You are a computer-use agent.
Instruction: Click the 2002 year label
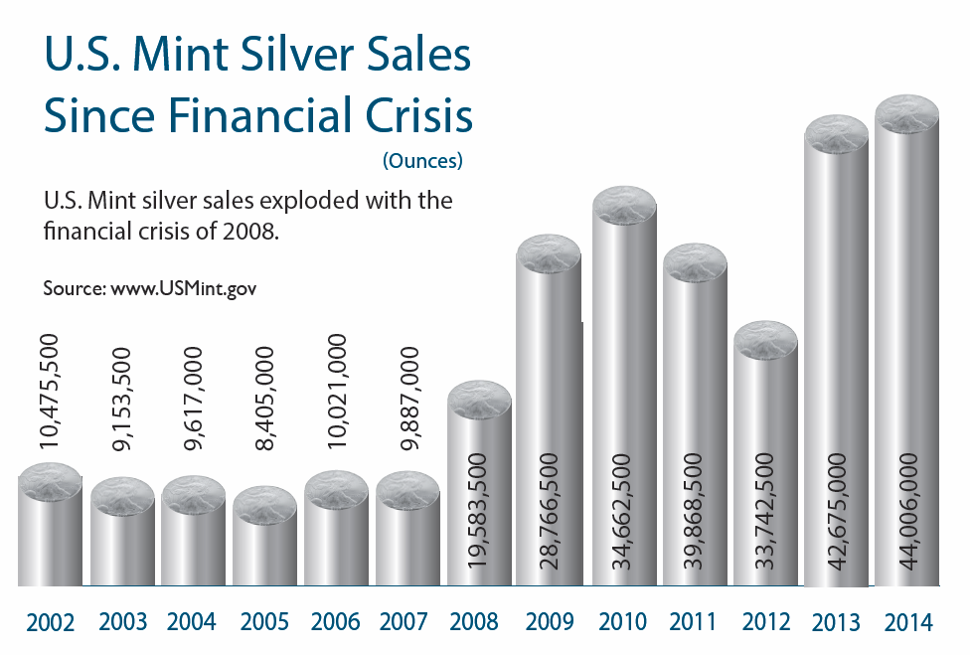pyautogui.click(x=51, y=623)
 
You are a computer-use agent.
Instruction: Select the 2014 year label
pyautogui.click(x=907, y=623)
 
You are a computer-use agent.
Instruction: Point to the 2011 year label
pyautogui.click(x=694, y=623)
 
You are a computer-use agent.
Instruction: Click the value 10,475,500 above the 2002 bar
pyautogui.click(x=50, y=394)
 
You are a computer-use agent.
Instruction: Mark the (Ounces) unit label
pyautogui.click(x=422, y=160)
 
